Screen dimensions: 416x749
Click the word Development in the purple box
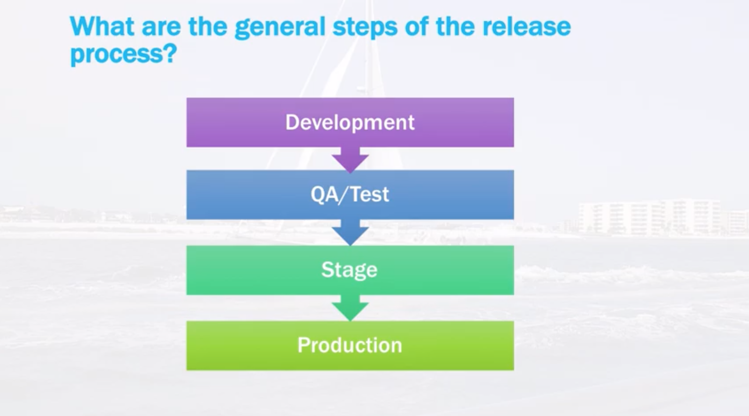tap(350, 122)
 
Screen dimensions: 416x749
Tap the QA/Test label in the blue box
tap(350, 194)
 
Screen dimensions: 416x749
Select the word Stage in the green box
tap(349, 270)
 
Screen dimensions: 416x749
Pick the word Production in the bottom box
tap(350, 345)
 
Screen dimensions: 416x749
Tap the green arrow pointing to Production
tap(350, 308)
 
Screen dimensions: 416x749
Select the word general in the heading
tap(280, 27)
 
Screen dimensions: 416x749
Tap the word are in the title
tap(161, 27)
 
